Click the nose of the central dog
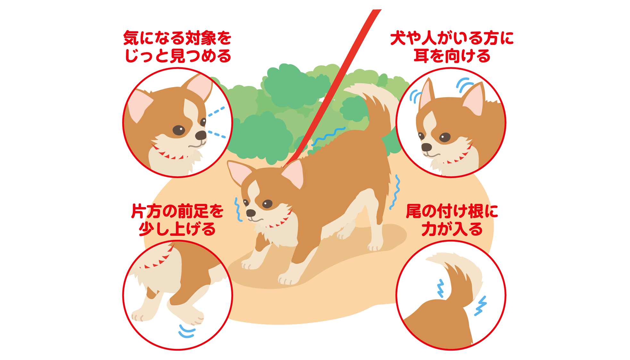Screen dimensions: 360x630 point(251,213)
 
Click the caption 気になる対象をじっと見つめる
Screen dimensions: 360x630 point(177,47)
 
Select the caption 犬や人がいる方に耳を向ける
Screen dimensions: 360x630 point(452,47)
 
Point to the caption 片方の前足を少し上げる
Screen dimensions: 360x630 point(177,220)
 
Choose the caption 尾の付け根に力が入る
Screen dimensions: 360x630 point(452,220)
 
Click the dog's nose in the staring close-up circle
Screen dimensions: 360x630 point(201,135)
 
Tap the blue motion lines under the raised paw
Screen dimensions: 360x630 point(187,331)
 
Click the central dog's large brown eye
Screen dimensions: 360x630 point(267,204)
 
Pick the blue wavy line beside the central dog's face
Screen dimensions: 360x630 point(238,210)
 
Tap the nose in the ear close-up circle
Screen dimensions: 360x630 point(426,147)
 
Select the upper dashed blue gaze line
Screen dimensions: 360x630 point(216,112)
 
